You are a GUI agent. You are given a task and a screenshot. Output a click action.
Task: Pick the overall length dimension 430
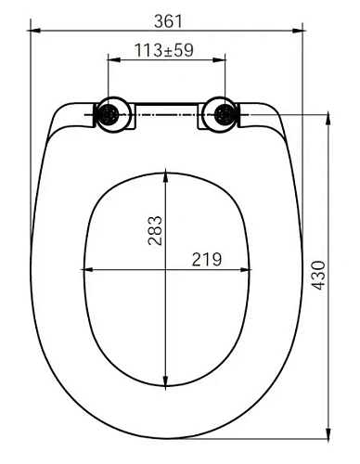coord(318,276)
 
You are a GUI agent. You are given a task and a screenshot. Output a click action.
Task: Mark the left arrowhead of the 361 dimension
coord(34,31)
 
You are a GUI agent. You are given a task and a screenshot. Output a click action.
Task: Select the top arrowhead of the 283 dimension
coord(164,175)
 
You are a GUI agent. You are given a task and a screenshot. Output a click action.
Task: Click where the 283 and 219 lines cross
coord(164,270)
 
